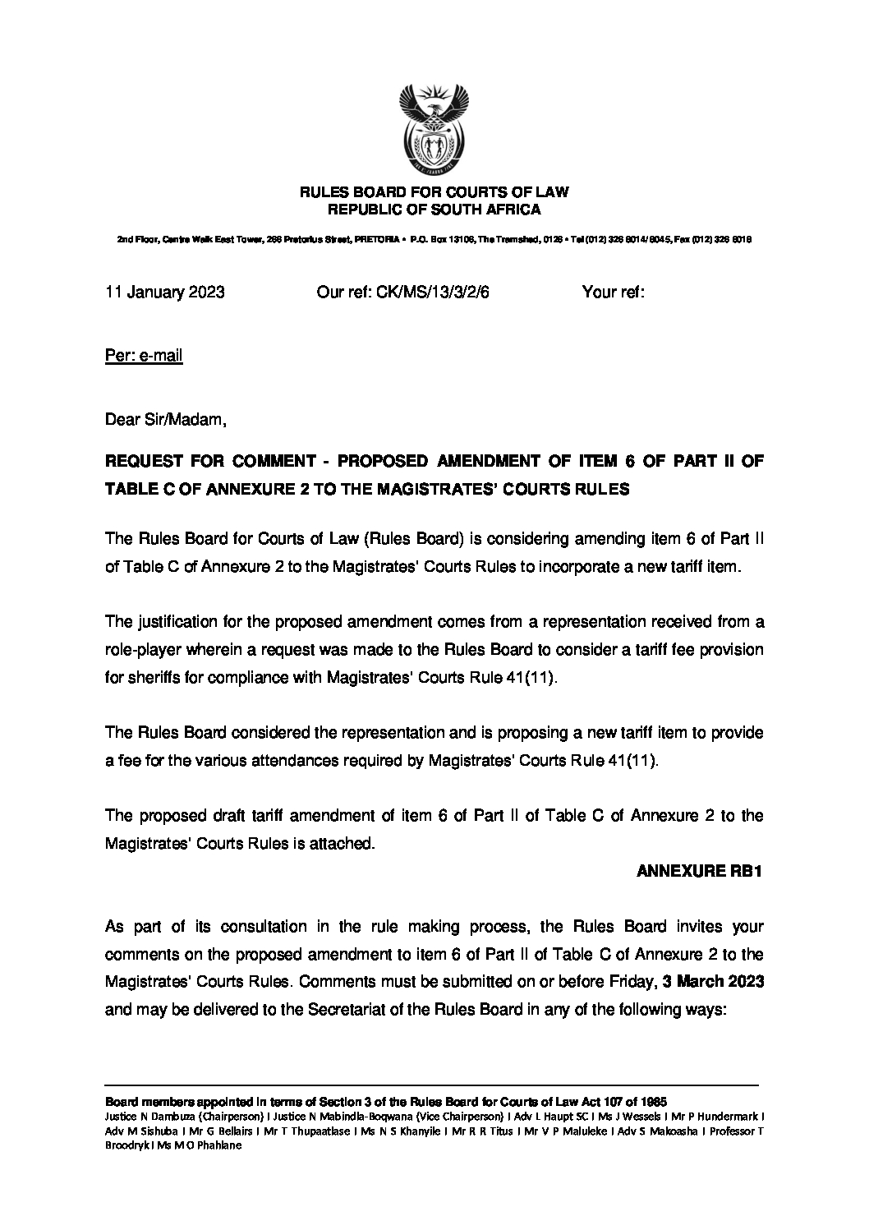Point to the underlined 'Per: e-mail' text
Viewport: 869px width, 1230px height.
(144, 356)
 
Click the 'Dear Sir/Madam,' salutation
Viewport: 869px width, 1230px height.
(165, 421)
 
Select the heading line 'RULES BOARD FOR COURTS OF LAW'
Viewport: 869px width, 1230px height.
(434, 192)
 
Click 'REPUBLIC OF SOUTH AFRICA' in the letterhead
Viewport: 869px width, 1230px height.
(434, 210)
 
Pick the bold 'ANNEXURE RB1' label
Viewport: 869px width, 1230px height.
(701, 872)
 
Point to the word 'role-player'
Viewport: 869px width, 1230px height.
(141, 650)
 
